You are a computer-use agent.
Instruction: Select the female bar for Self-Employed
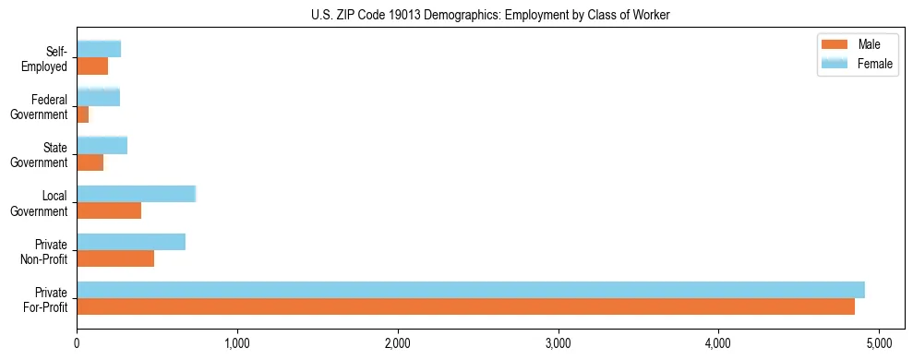99,49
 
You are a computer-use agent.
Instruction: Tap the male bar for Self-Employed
92,66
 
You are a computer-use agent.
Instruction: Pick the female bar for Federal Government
98,97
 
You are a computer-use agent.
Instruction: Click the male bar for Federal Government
83,114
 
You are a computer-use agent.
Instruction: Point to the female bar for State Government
102,145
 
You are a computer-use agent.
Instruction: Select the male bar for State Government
90,162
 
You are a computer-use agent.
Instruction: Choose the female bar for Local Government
136,193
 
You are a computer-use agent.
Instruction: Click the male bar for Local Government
109,210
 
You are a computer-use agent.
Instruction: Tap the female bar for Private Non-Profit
131,242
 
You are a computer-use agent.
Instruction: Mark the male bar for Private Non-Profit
115,258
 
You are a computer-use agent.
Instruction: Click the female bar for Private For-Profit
471,290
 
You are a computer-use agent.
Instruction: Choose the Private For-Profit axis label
45,300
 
